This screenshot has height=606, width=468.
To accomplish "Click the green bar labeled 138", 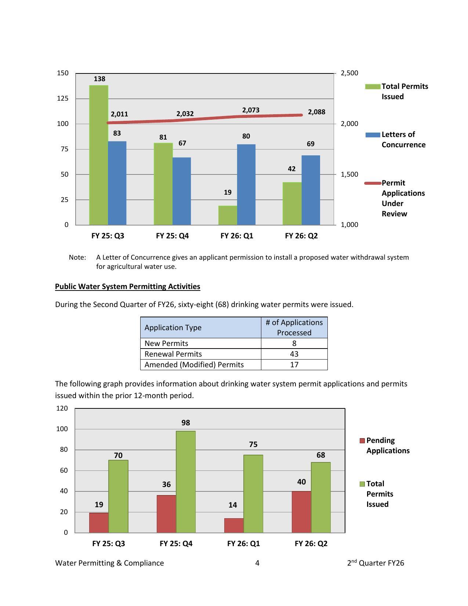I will [x=99, y=155].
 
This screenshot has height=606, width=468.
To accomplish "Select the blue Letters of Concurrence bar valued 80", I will [x=246, y=184].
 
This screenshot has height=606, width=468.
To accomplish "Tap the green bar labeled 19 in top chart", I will [x=228, y=215].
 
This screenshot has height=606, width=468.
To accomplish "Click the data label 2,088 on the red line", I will [x=316, y=112].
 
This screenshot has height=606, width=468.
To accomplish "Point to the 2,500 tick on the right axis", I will [x=349, y=73].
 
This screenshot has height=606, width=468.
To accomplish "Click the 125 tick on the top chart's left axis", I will [x=63, y=98].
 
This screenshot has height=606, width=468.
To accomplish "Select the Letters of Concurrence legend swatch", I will [x=373, y=135].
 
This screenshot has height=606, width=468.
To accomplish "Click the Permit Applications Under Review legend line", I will [x=373, y=183].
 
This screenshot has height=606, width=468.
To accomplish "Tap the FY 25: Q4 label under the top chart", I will [x=172, y=236].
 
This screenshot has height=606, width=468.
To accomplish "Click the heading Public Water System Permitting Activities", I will [x=127, y=286].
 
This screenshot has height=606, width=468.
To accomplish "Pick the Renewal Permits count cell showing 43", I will [x=294, y=354].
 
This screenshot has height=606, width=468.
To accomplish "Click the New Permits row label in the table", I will [x=166, y=343].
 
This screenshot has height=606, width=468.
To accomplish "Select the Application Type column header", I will [x=173, y=328].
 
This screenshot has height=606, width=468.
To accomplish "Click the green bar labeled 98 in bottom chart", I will [x=186, y=481].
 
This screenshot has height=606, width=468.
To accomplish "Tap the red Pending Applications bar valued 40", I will [x=301, y=512].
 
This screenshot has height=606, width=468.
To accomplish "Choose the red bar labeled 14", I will [x=234, y=525].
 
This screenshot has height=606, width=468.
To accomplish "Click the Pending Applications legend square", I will [x=362, y=441].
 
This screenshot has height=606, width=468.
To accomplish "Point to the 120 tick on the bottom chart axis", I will [x=62, y=408].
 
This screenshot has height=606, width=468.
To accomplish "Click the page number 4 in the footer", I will [x=257, y=563].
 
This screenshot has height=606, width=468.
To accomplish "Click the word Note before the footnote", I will [x=77, y=257].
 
